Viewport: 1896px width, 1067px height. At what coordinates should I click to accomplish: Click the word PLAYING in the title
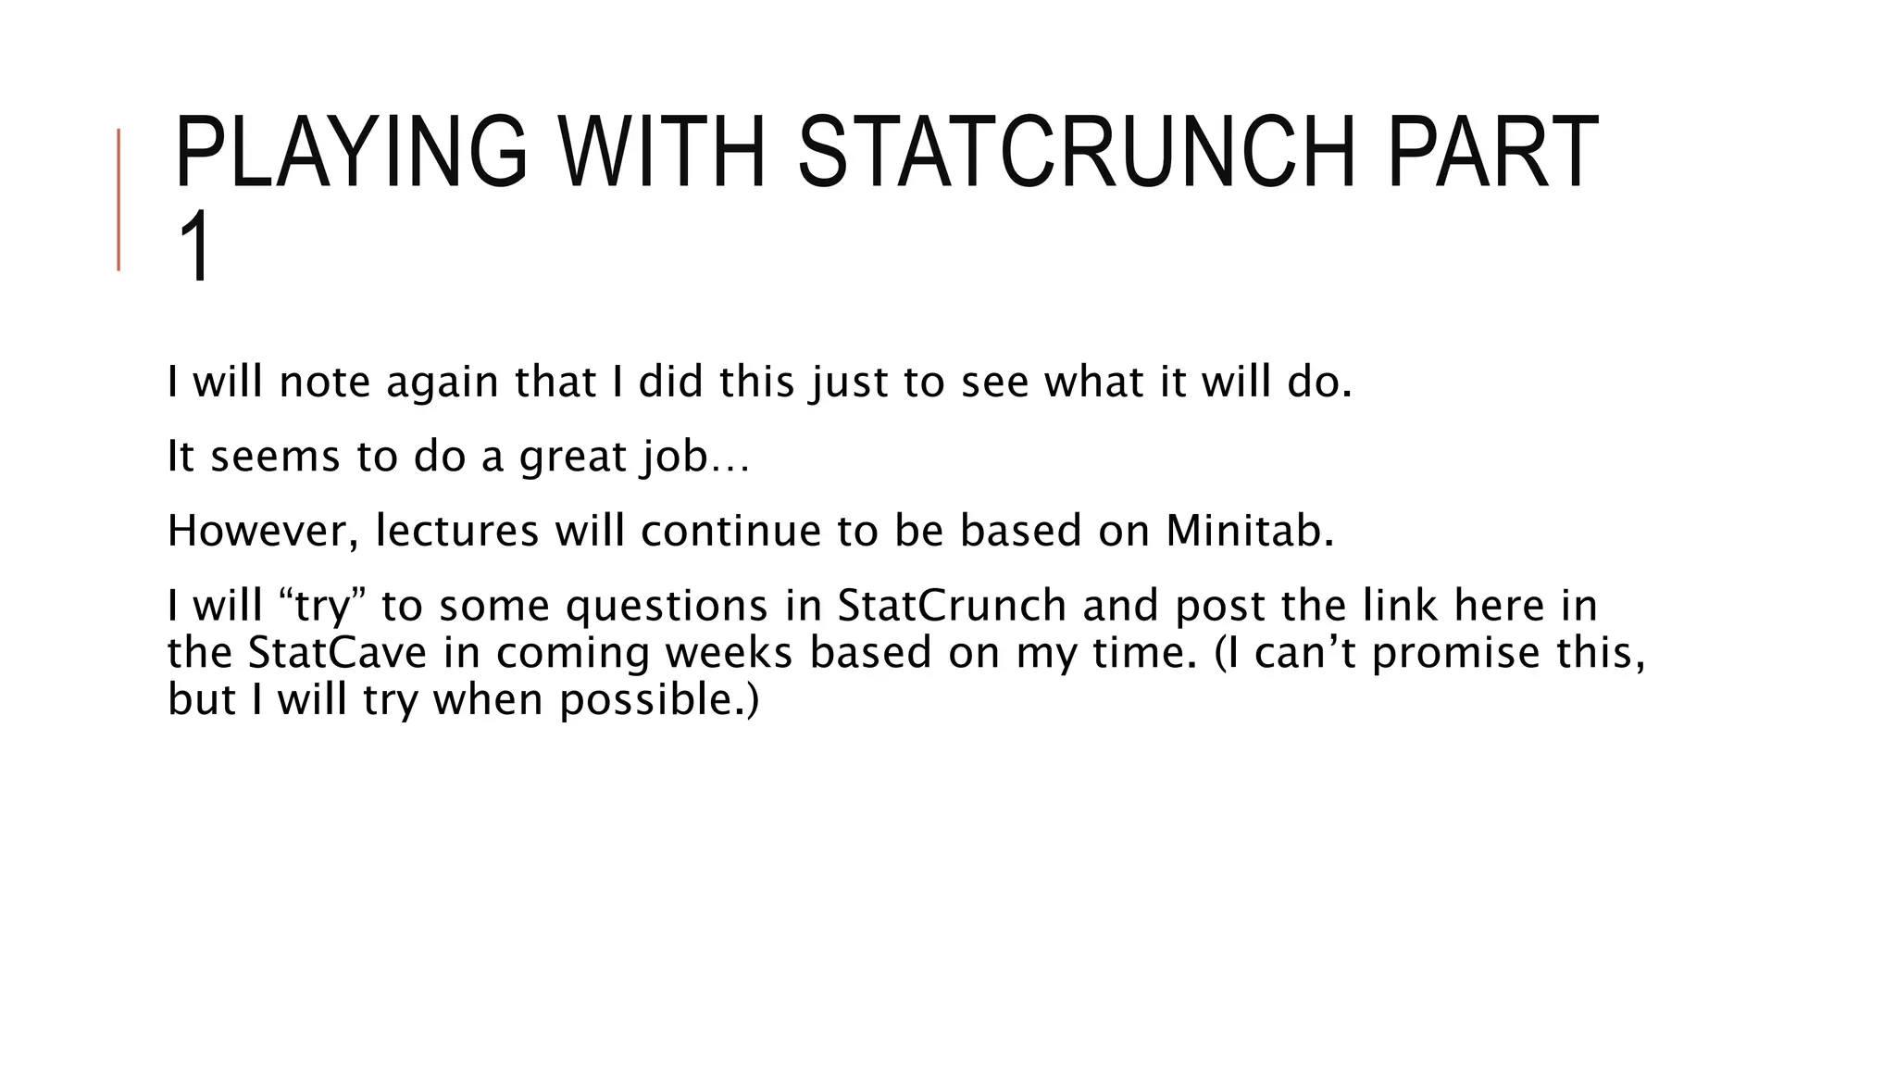(x=350, y=152)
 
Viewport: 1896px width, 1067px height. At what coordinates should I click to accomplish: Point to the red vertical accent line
(x=118, y=199)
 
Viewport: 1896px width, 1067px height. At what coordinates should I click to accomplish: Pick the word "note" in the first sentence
(x=324, y=382)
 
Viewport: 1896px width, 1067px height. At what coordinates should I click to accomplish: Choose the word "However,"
(x=264, y=531)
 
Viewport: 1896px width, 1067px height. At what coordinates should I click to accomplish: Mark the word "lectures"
(x=457, y=531)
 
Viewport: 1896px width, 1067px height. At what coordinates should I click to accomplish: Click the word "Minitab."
(x=1250, y=531)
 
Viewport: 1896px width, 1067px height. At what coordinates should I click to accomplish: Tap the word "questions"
(x=667, y=606)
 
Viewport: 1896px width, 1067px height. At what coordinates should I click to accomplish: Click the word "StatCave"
(x=337, y=652)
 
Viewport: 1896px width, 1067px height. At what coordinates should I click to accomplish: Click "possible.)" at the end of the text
(x=659, y=699)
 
